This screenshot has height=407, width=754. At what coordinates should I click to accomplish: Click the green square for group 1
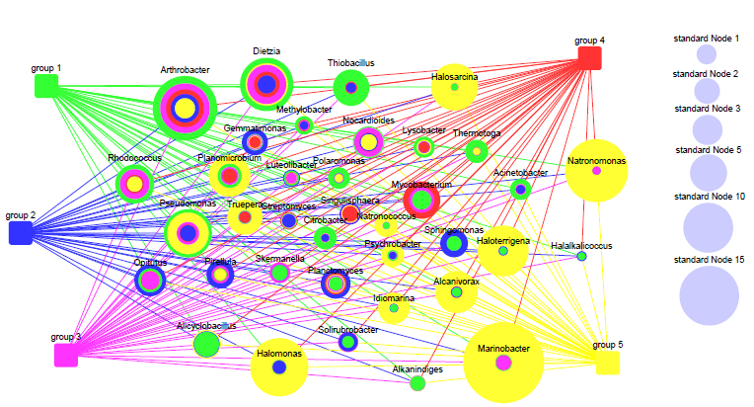(45, 86)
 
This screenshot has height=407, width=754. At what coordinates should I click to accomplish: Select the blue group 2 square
(21, 232)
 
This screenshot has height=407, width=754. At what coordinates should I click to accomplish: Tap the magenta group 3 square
(65, 355)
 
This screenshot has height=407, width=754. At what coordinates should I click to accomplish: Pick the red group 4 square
(589, 57)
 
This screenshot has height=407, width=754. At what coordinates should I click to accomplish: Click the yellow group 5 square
(608, 363)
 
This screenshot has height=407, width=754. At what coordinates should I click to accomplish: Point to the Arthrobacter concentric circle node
(185, 107)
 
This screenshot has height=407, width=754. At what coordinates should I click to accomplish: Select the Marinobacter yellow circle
(503, 363)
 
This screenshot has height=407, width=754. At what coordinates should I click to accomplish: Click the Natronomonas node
(596, 171)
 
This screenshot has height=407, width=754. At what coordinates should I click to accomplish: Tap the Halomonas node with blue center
(279, 367)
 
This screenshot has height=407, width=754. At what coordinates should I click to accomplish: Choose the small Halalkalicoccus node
(581, 256)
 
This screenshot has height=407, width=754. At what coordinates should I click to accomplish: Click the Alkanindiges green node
(417, 382)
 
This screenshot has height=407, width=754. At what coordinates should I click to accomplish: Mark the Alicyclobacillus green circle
(206, 344)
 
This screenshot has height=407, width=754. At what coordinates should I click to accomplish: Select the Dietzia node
(266, 83)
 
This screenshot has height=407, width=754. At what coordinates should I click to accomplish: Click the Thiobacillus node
(350, 88)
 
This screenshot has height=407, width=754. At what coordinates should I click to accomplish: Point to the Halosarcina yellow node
(454, 88)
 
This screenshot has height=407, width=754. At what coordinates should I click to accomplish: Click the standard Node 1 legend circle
(706, 54)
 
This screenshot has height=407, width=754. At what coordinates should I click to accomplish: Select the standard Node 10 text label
(706, 197)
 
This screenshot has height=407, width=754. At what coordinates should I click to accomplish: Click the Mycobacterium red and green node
(421, 201)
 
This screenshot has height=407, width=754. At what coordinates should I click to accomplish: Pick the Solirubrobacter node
(347, 341)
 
